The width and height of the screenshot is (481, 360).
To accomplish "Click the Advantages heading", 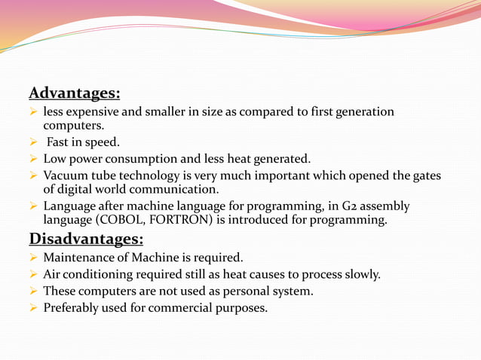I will pos(75,93).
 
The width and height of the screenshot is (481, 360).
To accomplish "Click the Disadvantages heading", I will pos(86,239).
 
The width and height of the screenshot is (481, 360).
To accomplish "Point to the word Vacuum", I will pos(66,176).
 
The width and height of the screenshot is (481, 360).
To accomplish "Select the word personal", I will pos(240,291).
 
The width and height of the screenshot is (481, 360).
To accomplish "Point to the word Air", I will pos(53,274).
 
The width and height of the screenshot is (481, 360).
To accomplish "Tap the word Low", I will pos(55,159).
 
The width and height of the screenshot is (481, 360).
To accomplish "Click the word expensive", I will pos(90,112).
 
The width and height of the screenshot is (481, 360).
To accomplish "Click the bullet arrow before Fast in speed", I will pos(33,142).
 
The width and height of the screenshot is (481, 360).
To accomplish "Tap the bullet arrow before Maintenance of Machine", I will pos(33,258).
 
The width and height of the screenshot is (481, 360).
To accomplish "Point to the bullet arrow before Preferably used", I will pos(33,307).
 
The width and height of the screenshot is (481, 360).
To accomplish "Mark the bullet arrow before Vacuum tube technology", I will pos(33,176).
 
